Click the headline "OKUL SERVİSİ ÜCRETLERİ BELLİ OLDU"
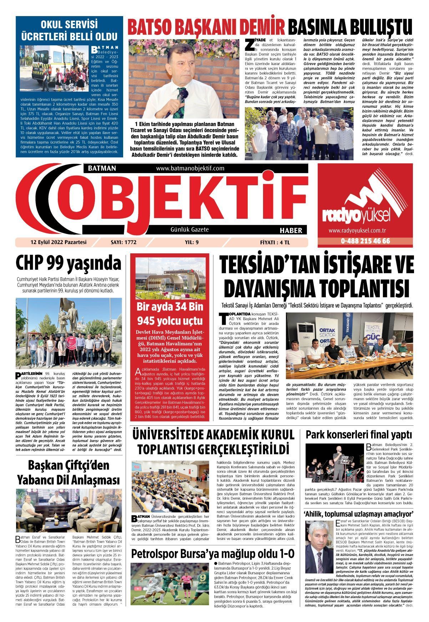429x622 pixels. tap(69, 30)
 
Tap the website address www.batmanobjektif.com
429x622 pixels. tap(190, 168)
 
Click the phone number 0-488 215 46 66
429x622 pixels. tap(365, 241)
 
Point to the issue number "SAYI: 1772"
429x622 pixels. tap(124, 242)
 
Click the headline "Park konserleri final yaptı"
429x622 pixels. tap(358, 435)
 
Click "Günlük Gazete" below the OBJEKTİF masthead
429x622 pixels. tap(190, 230)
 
